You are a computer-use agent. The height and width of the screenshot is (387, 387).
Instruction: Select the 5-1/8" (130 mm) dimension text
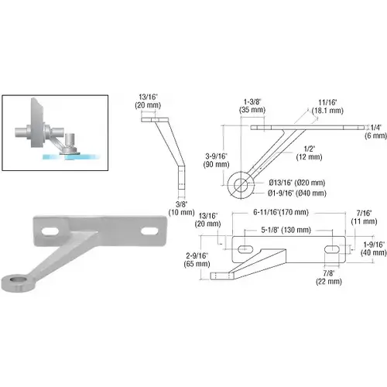tap(286, 230)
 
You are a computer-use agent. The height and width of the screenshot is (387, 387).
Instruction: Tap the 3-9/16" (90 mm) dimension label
tap(217, 160)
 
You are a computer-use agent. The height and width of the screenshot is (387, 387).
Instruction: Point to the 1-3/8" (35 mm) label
tap(252, 106)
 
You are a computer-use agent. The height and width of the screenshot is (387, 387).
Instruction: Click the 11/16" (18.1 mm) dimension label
tap(327, 107)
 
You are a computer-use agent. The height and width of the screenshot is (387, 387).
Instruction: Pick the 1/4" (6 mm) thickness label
tap(375, 132)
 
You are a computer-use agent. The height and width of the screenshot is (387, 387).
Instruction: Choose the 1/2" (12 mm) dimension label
tap(309, 152)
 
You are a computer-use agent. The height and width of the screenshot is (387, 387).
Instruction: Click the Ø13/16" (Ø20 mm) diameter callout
tap(297, 183)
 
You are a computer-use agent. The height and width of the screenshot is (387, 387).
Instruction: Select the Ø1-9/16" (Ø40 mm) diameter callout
tap(297, 193)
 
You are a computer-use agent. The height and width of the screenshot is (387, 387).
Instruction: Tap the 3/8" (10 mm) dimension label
tap(181, 208)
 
